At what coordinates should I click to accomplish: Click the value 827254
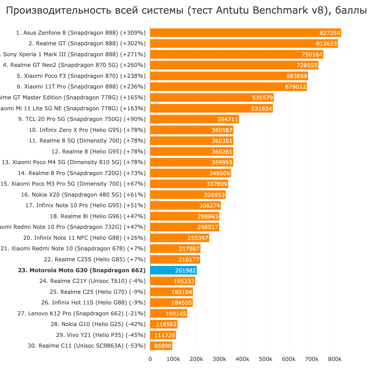tap(330, 33)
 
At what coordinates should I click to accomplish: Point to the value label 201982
tap(186, 271)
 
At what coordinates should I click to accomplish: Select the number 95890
tap(163, 346)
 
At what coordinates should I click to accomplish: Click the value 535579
tap(263, 98)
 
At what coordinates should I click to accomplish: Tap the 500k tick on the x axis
tap(265, 359)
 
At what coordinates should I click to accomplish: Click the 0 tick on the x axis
tap(150, 359)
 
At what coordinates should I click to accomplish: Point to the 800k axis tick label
tap(335, 359)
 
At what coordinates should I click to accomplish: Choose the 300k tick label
tap(219, 359)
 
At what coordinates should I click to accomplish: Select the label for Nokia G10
tap(98, 324)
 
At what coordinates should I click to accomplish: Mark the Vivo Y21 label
tap(101, 335)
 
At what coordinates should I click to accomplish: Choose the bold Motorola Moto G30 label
tap(82, 270)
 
